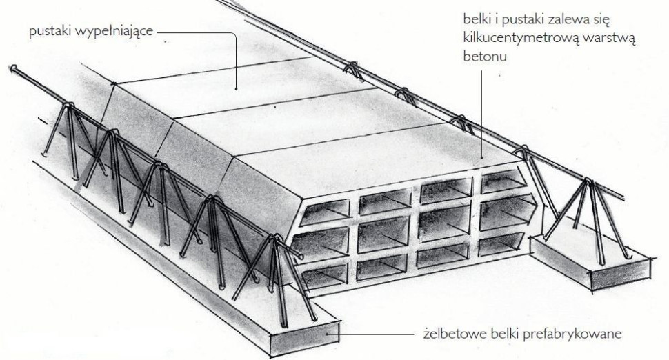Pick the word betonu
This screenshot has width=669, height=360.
pyautogui.click(x=485, y=57)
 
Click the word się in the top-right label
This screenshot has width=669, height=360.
pyautogui.click(x=600, y=19)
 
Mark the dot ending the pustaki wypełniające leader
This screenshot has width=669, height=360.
pyautogui.click(x=237, y=89)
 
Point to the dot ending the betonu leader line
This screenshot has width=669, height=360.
pyautogui.click(x=482, y=158)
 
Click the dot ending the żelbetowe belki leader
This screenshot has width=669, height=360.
pyautogui.click(x=327, y=334)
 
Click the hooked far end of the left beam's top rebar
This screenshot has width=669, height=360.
pyautogui.click(x=13, y=68)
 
